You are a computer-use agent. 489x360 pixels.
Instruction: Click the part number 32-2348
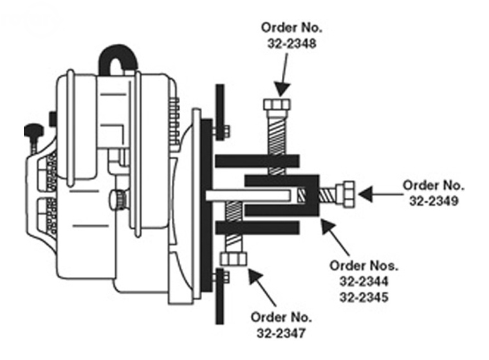coord(291,43)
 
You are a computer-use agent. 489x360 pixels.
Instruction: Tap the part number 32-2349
coord(434,201)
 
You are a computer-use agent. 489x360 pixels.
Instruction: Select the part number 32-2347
coord(281,333)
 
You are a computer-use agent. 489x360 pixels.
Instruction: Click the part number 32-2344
coord(364,282)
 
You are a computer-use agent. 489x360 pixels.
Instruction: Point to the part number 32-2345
coord(364,298)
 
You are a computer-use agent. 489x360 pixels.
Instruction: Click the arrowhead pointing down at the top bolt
coord(282,89)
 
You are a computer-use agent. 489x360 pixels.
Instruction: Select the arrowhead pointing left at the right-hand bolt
coord(365,194)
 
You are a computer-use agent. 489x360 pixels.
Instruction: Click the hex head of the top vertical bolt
coord(277,104)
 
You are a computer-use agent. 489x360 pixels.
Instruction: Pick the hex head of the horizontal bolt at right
coord(348,194)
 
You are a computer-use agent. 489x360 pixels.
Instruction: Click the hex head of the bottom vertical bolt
coord(234,259)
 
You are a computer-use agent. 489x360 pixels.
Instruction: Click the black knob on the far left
coord(33,130)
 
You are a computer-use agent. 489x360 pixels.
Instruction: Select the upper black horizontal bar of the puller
coord(257,161)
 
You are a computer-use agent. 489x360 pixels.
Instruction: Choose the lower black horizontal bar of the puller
coord(257,228)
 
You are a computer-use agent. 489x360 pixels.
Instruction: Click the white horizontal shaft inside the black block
coord(248,195)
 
